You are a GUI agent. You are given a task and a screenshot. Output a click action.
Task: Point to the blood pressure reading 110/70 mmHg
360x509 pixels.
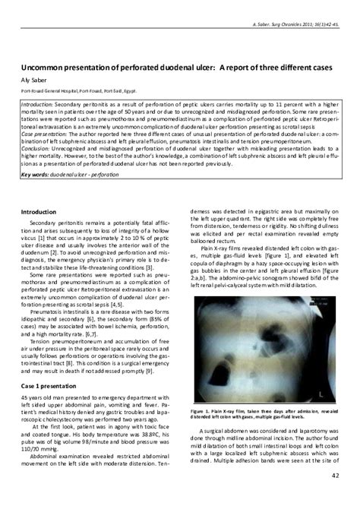pyautogui.click(x=37, y=454)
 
